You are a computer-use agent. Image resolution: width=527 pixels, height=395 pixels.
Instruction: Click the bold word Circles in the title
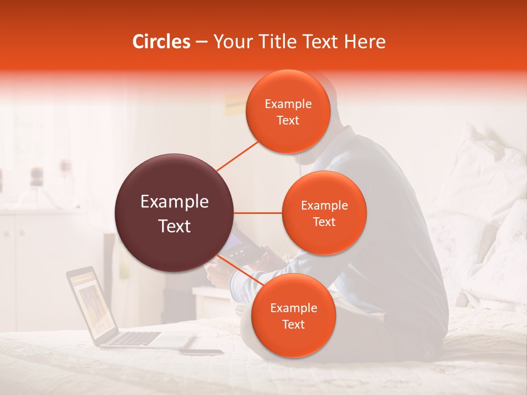point(161,42)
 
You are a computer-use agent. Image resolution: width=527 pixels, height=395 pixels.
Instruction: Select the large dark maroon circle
point(174,213)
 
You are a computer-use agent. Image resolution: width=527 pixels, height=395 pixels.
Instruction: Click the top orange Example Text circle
point(288,111)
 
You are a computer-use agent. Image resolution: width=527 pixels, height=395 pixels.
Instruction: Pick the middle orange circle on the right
point(324,213)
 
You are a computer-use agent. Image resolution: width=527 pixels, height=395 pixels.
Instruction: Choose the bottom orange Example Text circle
point(293,315)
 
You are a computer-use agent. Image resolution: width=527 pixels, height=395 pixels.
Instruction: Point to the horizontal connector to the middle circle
point(258,213)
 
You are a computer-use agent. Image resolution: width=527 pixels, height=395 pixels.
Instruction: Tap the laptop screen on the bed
point(90,304)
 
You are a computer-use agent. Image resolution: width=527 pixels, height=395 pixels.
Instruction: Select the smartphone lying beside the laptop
point(201,352)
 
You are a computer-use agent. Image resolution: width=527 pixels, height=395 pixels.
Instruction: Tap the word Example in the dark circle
point(174,202)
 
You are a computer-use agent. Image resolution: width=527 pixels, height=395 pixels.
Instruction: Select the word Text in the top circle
point(288,120)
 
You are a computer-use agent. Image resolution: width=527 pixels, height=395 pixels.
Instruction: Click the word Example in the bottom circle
point(293,308)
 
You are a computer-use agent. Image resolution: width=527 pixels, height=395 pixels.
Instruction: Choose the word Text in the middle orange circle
point(324,222)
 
